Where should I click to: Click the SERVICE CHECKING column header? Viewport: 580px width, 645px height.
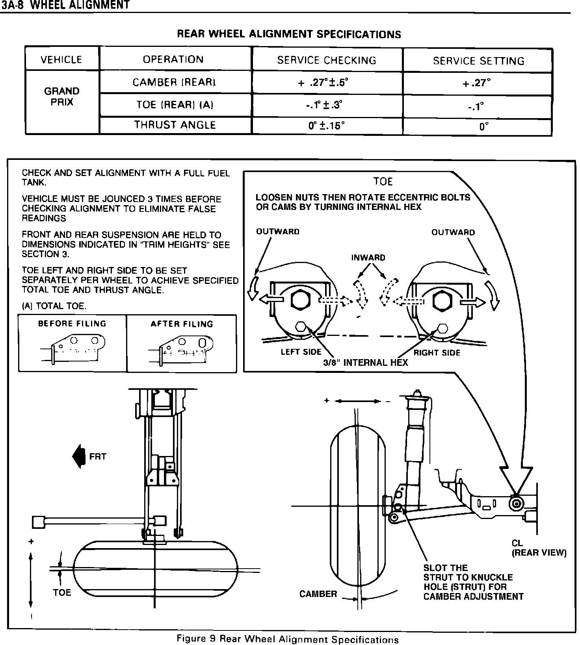(x=327, y=60)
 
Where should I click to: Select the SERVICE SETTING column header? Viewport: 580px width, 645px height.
(x=478, y=61)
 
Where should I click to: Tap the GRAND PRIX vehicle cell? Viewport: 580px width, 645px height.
(x=62, y=97)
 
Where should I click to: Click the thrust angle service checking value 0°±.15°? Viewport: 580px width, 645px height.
(x=327, y=126)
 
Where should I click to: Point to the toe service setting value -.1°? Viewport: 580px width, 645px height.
(x=478, y=106)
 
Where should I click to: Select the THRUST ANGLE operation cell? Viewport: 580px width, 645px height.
(x=175, y=125)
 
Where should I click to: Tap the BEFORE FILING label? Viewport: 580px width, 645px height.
(x=72, y=324)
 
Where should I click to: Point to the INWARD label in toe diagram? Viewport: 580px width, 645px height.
(x=368, y=258)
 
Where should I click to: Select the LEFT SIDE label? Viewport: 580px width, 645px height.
(x=301, y=352)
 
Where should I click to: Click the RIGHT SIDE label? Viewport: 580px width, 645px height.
(x=437, y=353)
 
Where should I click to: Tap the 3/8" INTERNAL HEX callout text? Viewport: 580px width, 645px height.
(x=365, y=363)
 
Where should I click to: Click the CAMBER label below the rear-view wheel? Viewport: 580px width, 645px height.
(x=318, y=594)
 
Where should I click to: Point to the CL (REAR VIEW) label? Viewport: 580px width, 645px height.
(x=539, y=548)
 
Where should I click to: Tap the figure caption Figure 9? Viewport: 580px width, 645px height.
(x=288, y=639)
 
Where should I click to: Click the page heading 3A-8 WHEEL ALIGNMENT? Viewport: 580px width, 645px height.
(x=65, y=5)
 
